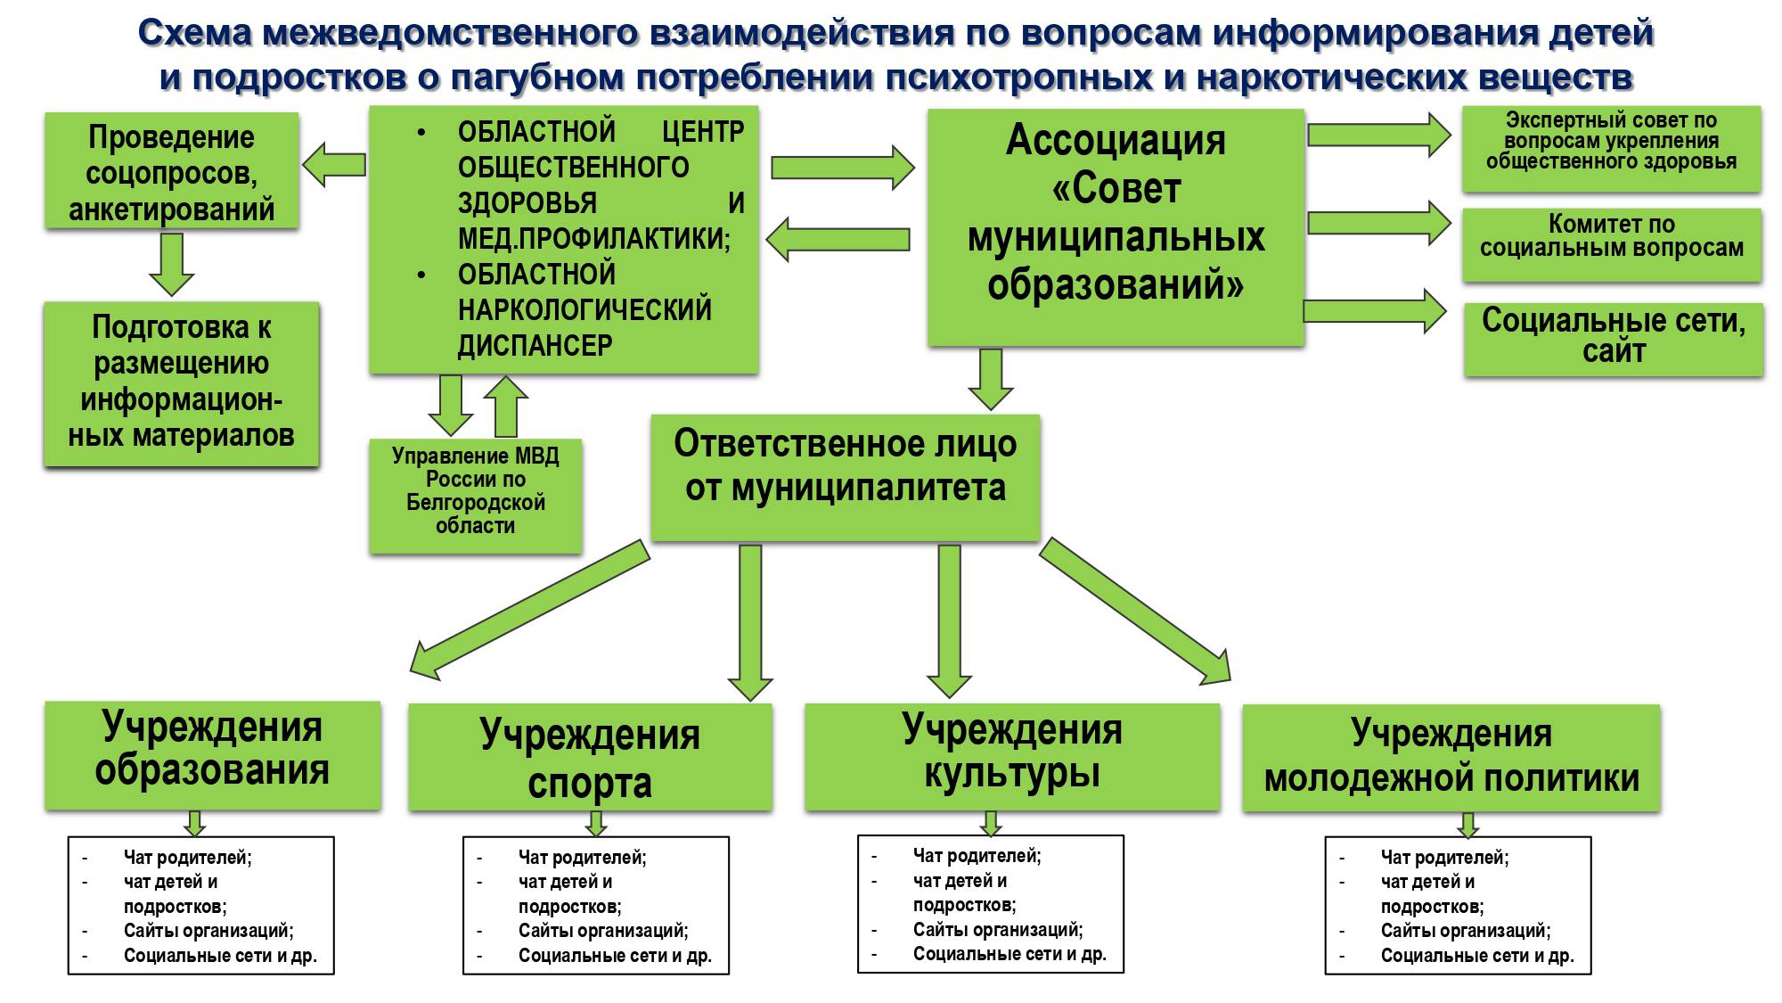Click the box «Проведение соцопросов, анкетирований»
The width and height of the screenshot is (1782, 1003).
point(171,171)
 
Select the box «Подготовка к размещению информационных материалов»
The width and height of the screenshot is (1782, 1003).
point(181,383)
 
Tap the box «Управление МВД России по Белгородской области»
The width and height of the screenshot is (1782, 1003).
point(475,495)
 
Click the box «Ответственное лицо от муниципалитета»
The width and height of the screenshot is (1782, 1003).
point(845,476)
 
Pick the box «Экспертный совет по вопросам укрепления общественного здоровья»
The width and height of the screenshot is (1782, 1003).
point(1611,147)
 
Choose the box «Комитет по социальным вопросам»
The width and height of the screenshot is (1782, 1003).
point(1611,243)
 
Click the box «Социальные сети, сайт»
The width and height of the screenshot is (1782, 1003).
point(1613,338)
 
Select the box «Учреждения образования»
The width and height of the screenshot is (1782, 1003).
point(212,754)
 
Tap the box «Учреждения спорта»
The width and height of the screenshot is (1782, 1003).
point(590,757)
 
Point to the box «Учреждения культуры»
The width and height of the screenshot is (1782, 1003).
point(1011,756)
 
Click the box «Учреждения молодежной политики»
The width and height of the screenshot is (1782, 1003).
point(1451,757)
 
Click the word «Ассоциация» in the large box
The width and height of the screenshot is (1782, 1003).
point(1116,141)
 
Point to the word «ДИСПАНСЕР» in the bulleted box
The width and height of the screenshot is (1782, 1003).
point(535,346)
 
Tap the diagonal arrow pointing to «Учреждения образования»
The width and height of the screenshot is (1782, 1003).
point(526,610)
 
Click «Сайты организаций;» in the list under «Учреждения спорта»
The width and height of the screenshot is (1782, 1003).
point(603,931)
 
